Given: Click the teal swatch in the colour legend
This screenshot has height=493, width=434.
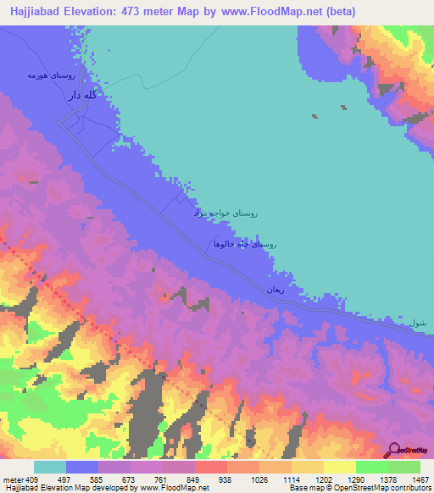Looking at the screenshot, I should coord(50,467).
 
